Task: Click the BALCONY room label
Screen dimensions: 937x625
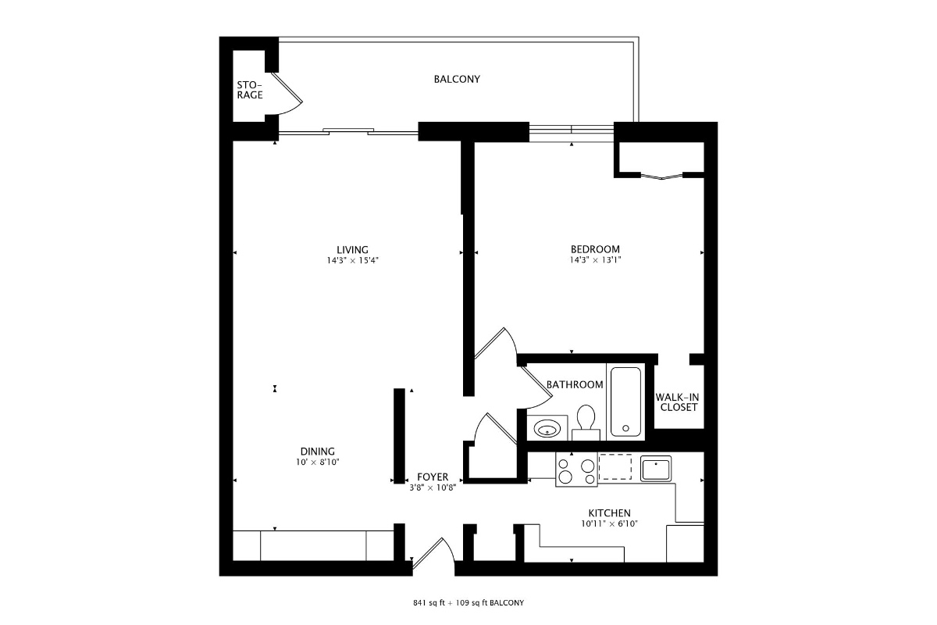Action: (x=457, y=79)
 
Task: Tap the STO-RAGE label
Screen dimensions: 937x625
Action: (x=249, y=90)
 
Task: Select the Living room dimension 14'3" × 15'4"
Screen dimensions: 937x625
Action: (x=353, y=260)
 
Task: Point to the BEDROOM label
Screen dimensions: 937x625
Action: (x=595, y=249)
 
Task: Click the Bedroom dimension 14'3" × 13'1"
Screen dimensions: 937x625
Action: (x=595, y=260)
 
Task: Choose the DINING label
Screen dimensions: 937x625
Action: (x=318, y=452)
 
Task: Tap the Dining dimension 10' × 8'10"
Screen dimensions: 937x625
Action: (x=318, y=462)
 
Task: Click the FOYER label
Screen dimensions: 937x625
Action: (x=433, y=477)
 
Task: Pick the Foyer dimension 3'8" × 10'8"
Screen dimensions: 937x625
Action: (x=433, y=487)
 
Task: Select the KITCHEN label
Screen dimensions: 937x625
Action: (x=610, y=513)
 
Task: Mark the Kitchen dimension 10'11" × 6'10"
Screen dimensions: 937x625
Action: (x=610, y=523)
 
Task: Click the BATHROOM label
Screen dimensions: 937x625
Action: (x=575, y=384)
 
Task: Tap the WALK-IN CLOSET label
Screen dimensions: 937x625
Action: (x=677, y=402)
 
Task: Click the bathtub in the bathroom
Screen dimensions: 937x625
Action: (x=625, y=402)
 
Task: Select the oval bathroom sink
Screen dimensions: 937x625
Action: (x=547, y=429)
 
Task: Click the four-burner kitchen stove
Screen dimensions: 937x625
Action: (x=576, y=470)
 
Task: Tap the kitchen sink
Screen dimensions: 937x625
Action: (x=656, y=470)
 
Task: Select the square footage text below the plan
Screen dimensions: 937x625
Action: (x=468, y=603)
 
